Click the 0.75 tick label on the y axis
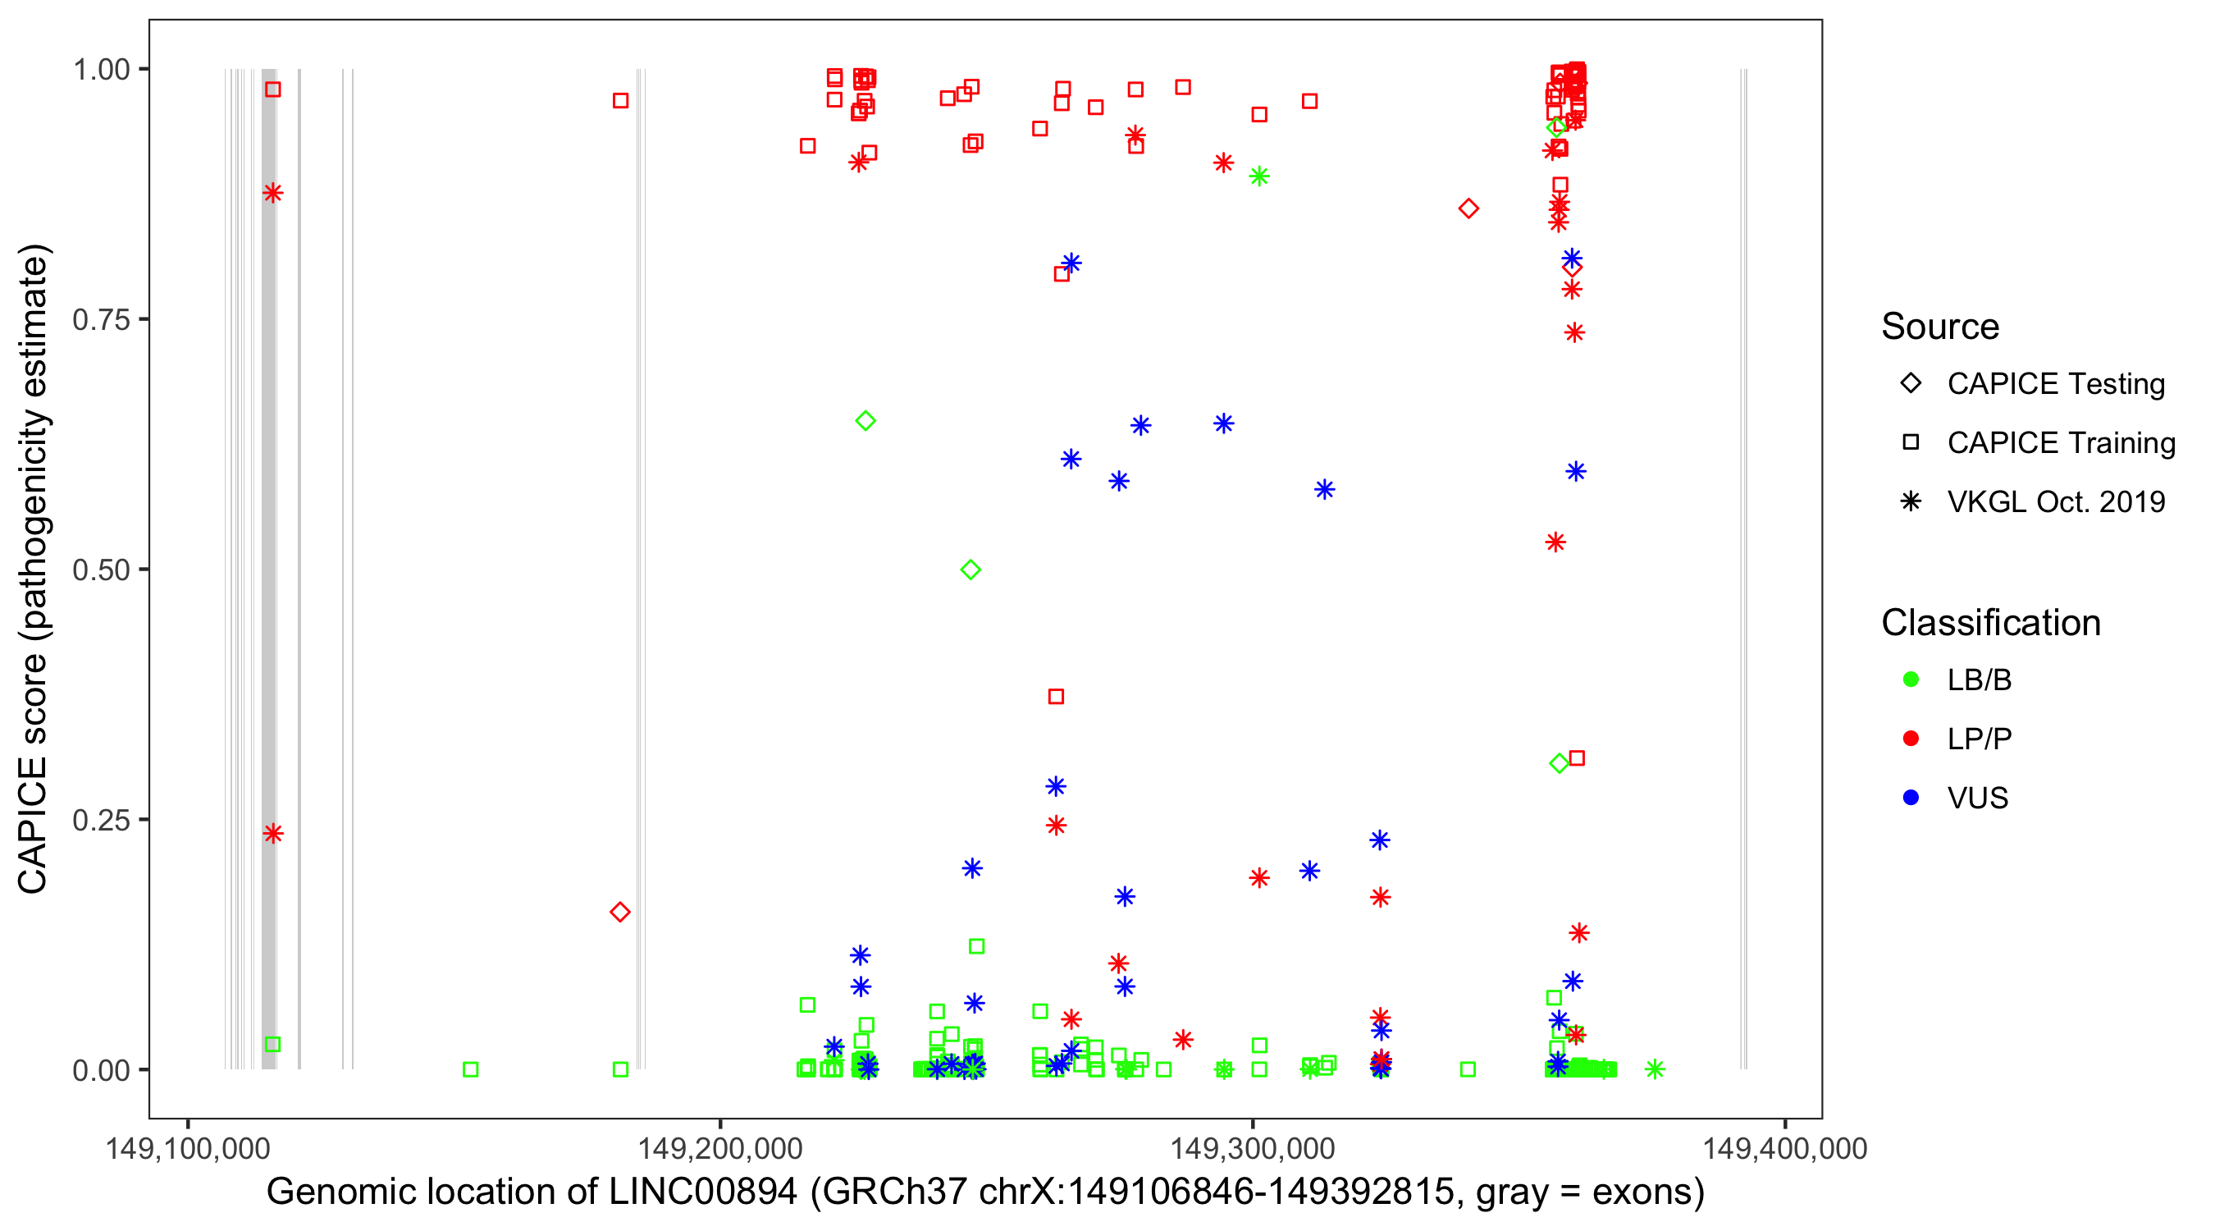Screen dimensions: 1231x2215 (x=100, y=320)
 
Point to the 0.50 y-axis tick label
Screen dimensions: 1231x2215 (x=100, y=570)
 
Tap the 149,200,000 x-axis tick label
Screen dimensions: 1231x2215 (x=719, y=1148)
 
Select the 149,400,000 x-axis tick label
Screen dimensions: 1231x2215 (x=1785, y=1148)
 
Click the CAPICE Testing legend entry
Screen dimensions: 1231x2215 (x=2056, y=384)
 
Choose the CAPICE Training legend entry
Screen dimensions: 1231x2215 (x=2061, y=443)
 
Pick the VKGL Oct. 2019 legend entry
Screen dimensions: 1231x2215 (x=2056, y=502)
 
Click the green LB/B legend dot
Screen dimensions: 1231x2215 (x=1911, y=680)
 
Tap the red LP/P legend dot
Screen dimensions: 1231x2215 (x=1911, y=739)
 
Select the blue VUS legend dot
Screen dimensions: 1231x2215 (x=1911, y=799)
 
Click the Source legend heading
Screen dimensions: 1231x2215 (x=1940, y=327)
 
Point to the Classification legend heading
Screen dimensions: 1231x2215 (x=1990, y=623)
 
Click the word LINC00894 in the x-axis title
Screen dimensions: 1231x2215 (x=702, y=1192)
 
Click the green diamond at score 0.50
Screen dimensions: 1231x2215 (x=970, y=570)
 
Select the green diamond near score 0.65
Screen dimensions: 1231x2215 (x=865, y=421)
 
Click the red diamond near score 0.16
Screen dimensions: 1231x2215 (x=620, y=912)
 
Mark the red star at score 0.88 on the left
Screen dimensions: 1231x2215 (x=272, y=193)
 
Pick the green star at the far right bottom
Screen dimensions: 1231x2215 (x=1655, y=1069)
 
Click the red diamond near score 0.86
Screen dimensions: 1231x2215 (x=1468, y=209)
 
